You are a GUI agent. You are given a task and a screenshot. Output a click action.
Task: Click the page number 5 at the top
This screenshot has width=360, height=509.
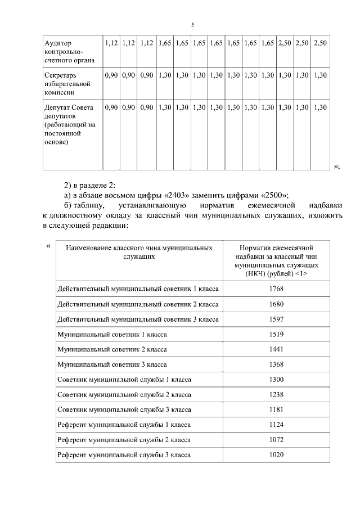pyautogui.click(x=192, y=25)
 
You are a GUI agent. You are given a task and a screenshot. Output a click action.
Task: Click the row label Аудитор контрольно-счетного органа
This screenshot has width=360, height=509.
pyautogui.click(x=66, y=51)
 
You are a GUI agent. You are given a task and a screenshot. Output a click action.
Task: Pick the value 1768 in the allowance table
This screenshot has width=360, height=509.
pyautogui.click(x=276, y=289)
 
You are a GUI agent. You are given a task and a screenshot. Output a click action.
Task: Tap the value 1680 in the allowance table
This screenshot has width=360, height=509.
pyautogui.click(x=276, y=304)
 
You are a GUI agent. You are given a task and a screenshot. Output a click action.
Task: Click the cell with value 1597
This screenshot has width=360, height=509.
pyautogui.click(x=276, y=319)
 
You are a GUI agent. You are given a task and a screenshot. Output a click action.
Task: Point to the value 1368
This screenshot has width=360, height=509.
pyautogui.click(x=276, y=364)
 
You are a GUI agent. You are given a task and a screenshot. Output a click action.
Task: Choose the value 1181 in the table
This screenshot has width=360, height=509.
pyautogui.click(x=276, y=409)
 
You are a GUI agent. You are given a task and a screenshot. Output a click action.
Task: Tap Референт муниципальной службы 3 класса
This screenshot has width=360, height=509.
pyautogui.click(x=124, y=454)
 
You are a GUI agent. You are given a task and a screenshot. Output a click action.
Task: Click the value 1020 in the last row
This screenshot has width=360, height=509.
pyautogui.click(x=276, y=454)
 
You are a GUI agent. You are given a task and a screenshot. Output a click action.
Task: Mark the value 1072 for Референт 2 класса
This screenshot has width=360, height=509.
pyautogui.click(x=276, y=439)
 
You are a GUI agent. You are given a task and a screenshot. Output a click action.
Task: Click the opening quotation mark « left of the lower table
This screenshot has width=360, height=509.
pyautogui.click(x=48, y=245)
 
